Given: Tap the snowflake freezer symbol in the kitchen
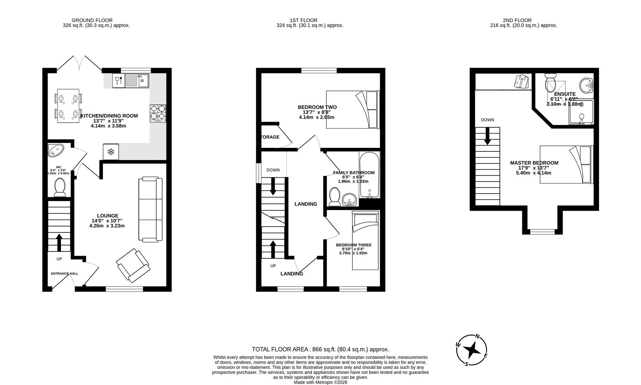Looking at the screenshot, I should (111, 152).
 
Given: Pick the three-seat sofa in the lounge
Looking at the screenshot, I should (150, 209).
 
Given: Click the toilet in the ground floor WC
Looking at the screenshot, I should (60, 187).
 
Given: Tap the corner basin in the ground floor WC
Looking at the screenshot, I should (55, 150).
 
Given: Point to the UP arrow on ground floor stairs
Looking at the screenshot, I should (59, 242).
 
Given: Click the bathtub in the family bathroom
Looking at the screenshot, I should (369, 175).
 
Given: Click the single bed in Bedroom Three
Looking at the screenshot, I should (365, 240).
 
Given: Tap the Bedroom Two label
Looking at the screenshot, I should (317, 107).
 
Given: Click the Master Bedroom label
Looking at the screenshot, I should (534, 163).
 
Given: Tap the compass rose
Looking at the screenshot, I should (472, 350).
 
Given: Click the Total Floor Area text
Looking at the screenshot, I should (320, 349).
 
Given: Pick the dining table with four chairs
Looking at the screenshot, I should (68, 106).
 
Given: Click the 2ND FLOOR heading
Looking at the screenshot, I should (517, 20).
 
